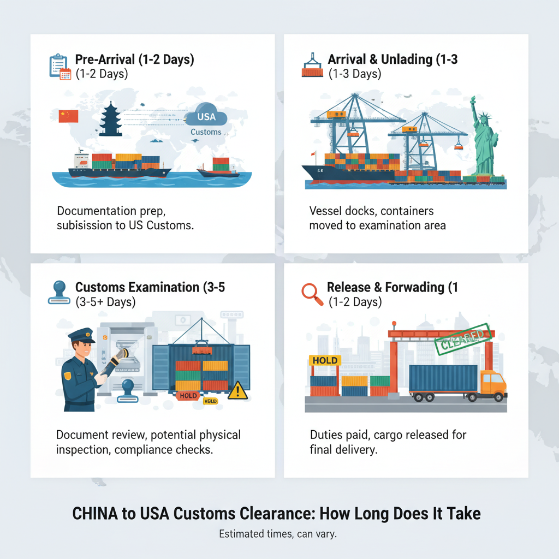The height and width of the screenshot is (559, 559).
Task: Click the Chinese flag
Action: tap(68, 116)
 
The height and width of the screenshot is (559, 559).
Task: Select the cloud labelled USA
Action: tap(206, 117)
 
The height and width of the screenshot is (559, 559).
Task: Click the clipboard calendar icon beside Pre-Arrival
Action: tap(59, 66)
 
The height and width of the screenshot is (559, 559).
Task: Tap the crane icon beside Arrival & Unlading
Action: tap(312, 65)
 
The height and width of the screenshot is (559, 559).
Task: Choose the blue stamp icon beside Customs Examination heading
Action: tap(58, 292)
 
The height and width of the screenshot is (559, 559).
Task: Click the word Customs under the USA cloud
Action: tap(206, 132)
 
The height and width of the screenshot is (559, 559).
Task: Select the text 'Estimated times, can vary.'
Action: tap(278, 534)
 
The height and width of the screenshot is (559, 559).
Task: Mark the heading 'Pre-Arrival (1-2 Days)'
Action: tap(134, 60)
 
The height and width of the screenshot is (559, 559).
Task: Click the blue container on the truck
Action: tap(443, 378)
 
